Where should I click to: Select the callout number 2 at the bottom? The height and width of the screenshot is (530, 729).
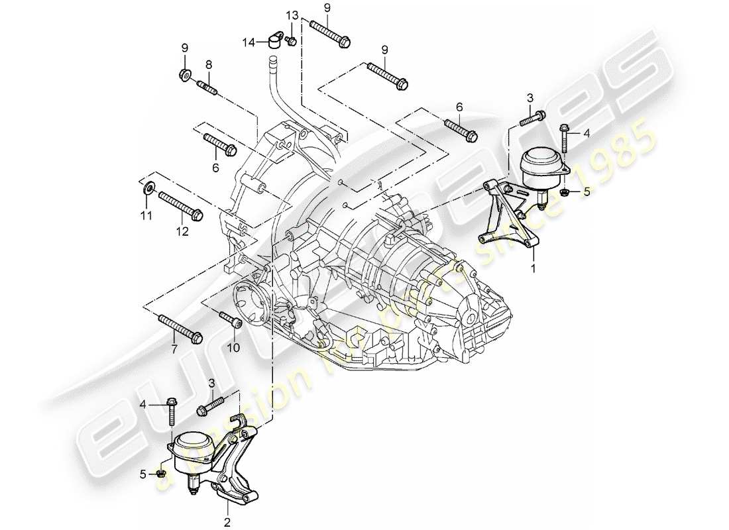(x=227, y=522)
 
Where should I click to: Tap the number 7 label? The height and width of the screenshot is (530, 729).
(x=174, y=348)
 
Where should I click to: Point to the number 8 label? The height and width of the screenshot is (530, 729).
(x=208, y=64)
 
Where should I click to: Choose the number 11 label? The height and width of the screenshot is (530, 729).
(x=146, y=215)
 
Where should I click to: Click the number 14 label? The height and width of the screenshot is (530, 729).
(x=248, y=42)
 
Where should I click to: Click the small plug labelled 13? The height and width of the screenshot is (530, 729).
(x=291, y=40)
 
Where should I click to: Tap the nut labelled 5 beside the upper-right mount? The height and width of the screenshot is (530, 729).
(x=564, y=193)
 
